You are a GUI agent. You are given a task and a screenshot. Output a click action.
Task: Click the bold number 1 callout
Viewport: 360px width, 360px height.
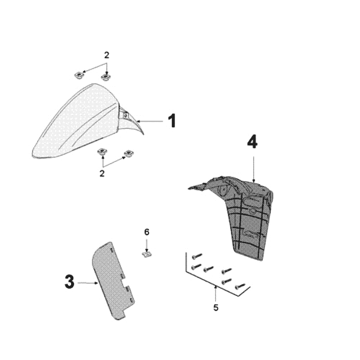coord(172,121)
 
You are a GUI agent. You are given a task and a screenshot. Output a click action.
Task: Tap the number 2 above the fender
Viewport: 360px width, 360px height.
coord(107,55)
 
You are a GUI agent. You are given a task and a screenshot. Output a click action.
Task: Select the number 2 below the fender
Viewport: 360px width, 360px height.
coord(102,173)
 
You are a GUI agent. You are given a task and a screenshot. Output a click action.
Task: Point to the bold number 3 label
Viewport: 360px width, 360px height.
coord(70,282)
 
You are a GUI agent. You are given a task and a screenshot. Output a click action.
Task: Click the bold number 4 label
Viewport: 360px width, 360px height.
coord(252,142)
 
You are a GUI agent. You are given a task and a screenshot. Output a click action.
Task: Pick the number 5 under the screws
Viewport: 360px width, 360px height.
coord(216,308)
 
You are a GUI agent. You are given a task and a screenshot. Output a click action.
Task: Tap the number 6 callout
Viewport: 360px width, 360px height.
coord(147,232)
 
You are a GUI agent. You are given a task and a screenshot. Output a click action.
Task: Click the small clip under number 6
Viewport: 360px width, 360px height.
coord(147,254)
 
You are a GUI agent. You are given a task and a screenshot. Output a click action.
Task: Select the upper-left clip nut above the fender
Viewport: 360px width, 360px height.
coord(79,75)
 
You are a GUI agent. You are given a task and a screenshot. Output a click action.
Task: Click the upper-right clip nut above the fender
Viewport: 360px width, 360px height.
coord(106,76)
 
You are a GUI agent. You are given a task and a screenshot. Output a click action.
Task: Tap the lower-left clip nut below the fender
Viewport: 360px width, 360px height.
coord(103,152)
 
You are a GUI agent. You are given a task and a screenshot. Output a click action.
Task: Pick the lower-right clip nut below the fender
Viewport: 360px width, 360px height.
coord(129,153)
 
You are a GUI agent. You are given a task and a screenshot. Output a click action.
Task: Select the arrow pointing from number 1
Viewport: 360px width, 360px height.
coord(150,121)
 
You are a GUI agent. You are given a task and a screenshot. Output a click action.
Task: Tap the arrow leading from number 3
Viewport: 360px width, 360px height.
coord(88,283)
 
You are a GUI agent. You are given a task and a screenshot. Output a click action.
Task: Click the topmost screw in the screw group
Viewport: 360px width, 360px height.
coord(197,256)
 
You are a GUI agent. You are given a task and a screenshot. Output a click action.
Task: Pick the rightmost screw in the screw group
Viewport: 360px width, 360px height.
coord(240,286)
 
